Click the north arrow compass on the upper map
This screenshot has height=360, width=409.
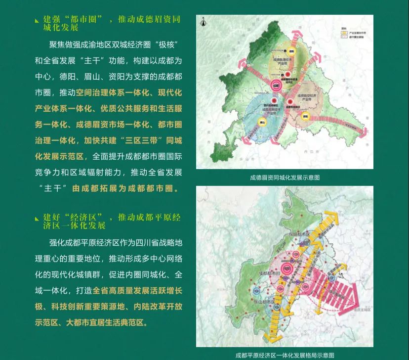(x=203, y=22)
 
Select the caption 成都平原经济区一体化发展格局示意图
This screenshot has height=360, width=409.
(x=285, y=355)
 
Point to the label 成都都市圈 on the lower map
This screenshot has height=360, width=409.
(x=267, y=272)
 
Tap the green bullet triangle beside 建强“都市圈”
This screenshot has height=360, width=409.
(x=37, y=21)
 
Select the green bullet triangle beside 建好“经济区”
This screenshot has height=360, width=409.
(x=37, y=219)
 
